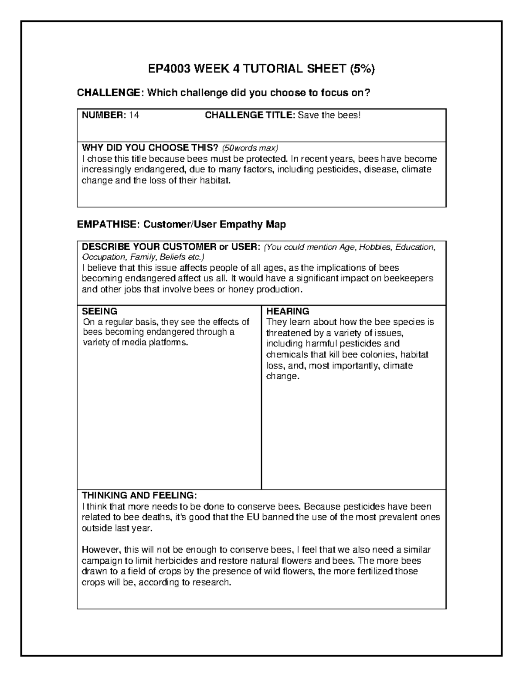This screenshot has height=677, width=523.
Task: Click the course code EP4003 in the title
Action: (169, 69)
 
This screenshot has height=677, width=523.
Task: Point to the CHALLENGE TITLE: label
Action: (250, 115)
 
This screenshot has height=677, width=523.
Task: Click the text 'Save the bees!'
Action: (329, 115)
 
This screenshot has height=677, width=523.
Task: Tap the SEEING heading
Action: (100, 311)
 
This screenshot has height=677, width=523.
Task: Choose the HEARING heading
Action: (288, 311)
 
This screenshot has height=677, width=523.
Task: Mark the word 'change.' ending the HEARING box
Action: (283, 376)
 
